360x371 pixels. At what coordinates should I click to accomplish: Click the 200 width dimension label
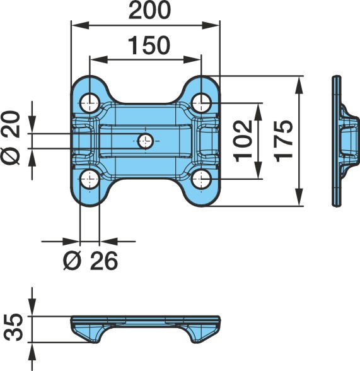click(149, 10)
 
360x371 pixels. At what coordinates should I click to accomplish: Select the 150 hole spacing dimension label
click(149, 45)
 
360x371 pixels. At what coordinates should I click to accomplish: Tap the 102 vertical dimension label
click(243, 141)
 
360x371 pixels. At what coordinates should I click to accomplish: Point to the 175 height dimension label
click(284, 141)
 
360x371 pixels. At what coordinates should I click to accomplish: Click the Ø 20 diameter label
click(11, 138)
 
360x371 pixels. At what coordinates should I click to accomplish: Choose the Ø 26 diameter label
click(91, 261)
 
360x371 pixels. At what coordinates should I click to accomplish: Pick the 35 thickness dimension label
click(14, 327)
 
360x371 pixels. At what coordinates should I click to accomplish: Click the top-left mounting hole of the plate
click(90, 103)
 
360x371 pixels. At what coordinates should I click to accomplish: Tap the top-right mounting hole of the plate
click(201, 103)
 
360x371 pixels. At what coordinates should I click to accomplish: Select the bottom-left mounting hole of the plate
click(90, 179)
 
